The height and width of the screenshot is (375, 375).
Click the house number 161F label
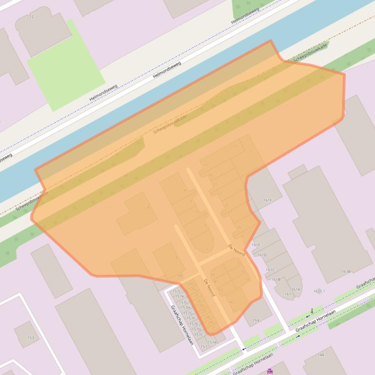268,200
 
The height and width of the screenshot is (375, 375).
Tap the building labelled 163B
346,271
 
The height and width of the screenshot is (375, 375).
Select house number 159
256,320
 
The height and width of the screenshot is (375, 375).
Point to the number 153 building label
31,337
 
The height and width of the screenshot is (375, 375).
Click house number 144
320,355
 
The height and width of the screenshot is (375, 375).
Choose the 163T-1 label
319,291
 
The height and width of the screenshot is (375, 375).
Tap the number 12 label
32,17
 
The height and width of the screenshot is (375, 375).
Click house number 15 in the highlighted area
236,146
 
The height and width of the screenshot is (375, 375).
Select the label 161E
256,245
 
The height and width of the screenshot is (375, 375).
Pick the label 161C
270,270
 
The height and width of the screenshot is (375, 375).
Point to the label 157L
177,291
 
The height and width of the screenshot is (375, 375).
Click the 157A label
212,342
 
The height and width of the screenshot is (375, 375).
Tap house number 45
232,302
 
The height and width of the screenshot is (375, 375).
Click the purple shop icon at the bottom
270,371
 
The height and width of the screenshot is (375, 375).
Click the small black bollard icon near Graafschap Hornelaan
312,310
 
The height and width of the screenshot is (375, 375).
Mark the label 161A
296,289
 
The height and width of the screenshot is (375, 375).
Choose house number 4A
179,276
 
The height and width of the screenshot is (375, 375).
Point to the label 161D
262,255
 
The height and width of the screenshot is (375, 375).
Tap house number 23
219,193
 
